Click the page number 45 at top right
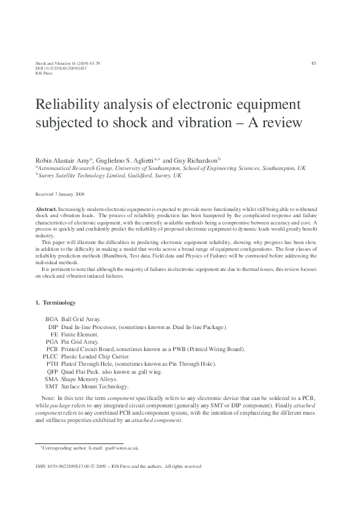tap(314, 63)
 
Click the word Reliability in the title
tap(70, 102)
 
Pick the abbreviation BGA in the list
tap(51, 319)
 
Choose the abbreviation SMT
tap(51, 386)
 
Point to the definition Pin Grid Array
tap(81, 341)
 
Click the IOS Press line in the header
tap(44, 73)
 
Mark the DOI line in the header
tap(53, 68)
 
